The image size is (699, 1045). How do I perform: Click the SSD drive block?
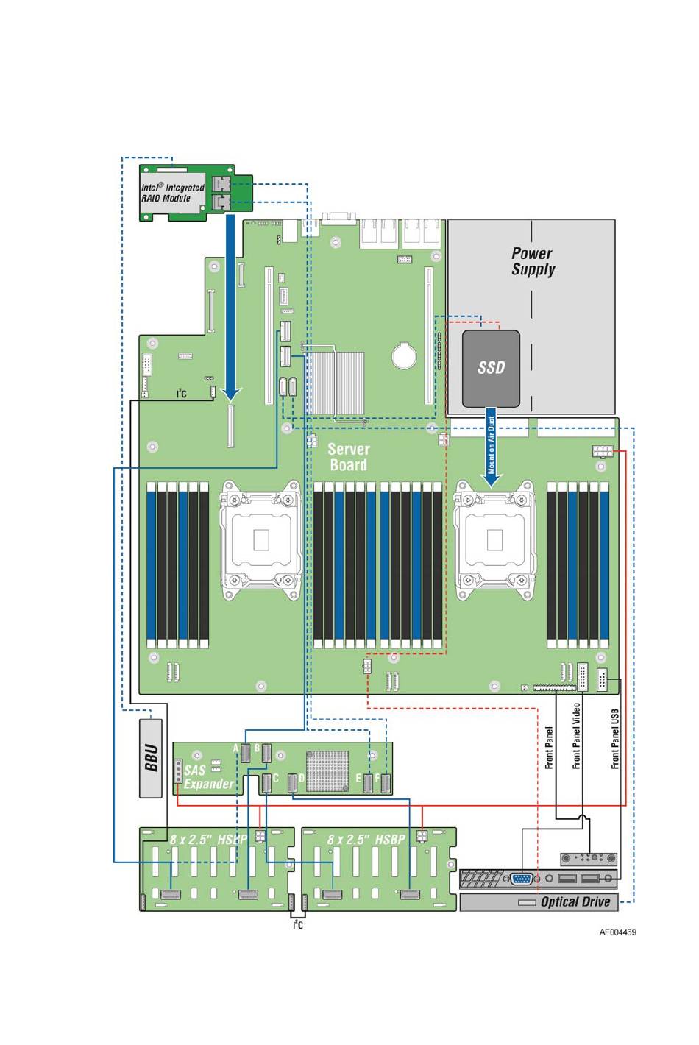[x=491, y=369]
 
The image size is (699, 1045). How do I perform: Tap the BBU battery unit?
[x=151, y=758]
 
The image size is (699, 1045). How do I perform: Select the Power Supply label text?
[x=533, y=261]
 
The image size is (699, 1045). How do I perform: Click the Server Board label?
[x=348, y=457]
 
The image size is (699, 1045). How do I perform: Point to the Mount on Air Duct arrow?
[x=491, y=447]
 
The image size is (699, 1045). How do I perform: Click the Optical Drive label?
[x=575, y=901]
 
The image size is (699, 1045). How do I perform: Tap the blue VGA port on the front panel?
[x=522, y=879]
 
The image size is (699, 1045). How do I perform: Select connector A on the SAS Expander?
[x=245, y=753]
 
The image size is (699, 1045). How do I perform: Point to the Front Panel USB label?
[x=615, y=740]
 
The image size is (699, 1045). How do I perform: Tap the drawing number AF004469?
[x=617, y=932]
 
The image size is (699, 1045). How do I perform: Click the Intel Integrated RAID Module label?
[x=172, y=193]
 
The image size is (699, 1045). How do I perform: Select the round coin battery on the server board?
[x=404, y=355]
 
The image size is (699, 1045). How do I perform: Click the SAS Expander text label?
[x=208, y=777]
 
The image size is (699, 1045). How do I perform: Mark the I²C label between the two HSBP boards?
[x=298, y=924]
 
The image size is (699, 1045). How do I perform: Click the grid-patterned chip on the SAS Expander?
[x=327, y=771]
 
